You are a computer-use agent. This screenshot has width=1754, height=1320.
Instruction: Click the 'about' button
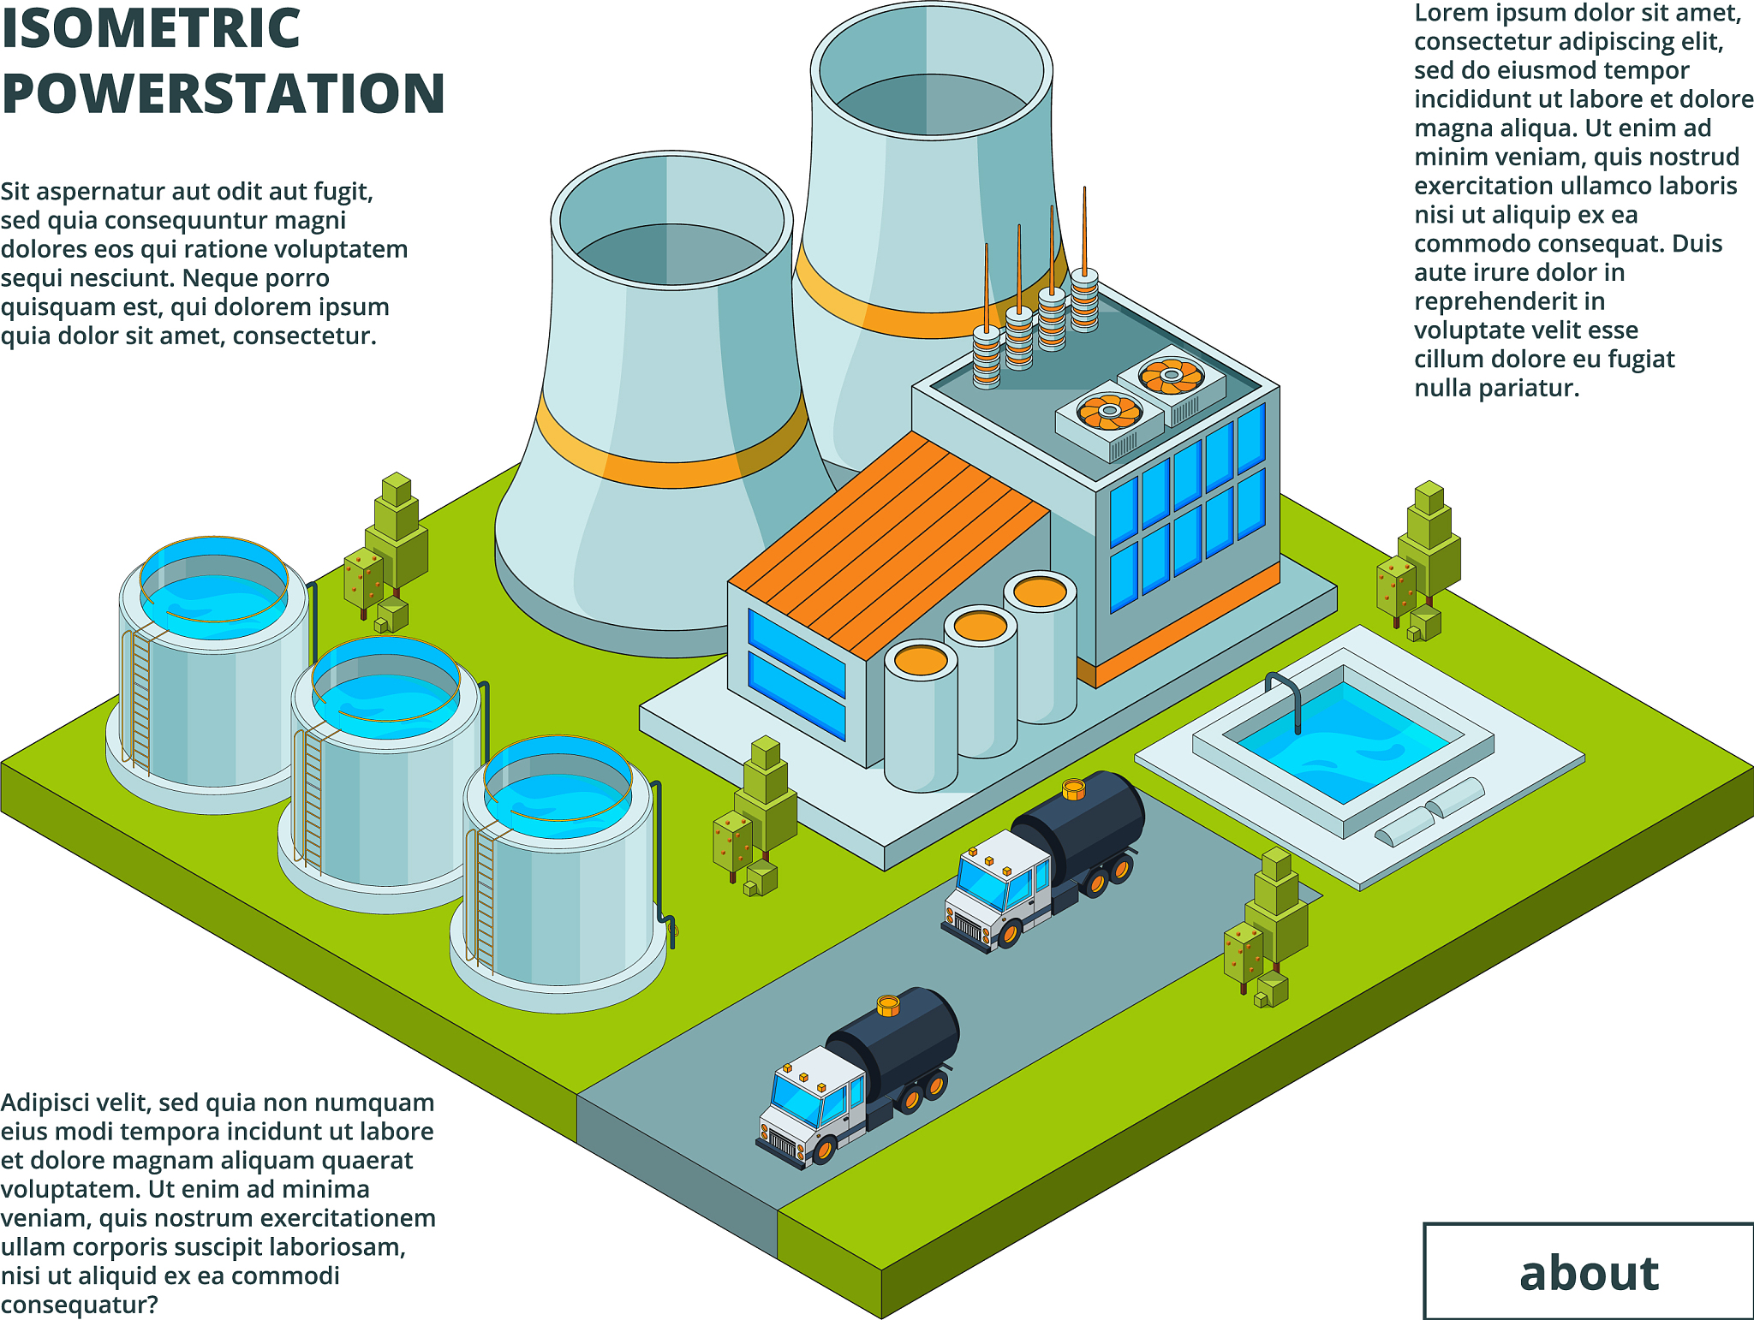point(1588,1271)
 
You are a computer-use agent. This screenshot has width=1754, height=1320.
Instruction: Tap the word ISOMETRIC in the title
point(151,27)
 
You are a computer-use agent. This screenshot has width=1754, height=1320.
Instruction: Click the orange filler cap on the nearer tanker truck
point(889,1003)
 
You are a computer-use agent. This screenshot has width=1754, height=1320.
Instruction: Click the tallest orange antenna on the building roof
point(1084,231)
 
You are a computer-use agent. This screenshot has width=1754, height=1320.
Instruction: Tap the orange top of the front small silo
point(921,660)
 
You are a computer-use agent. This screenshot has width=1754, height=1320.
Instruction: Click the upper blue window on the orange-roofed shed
point(796,638)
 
